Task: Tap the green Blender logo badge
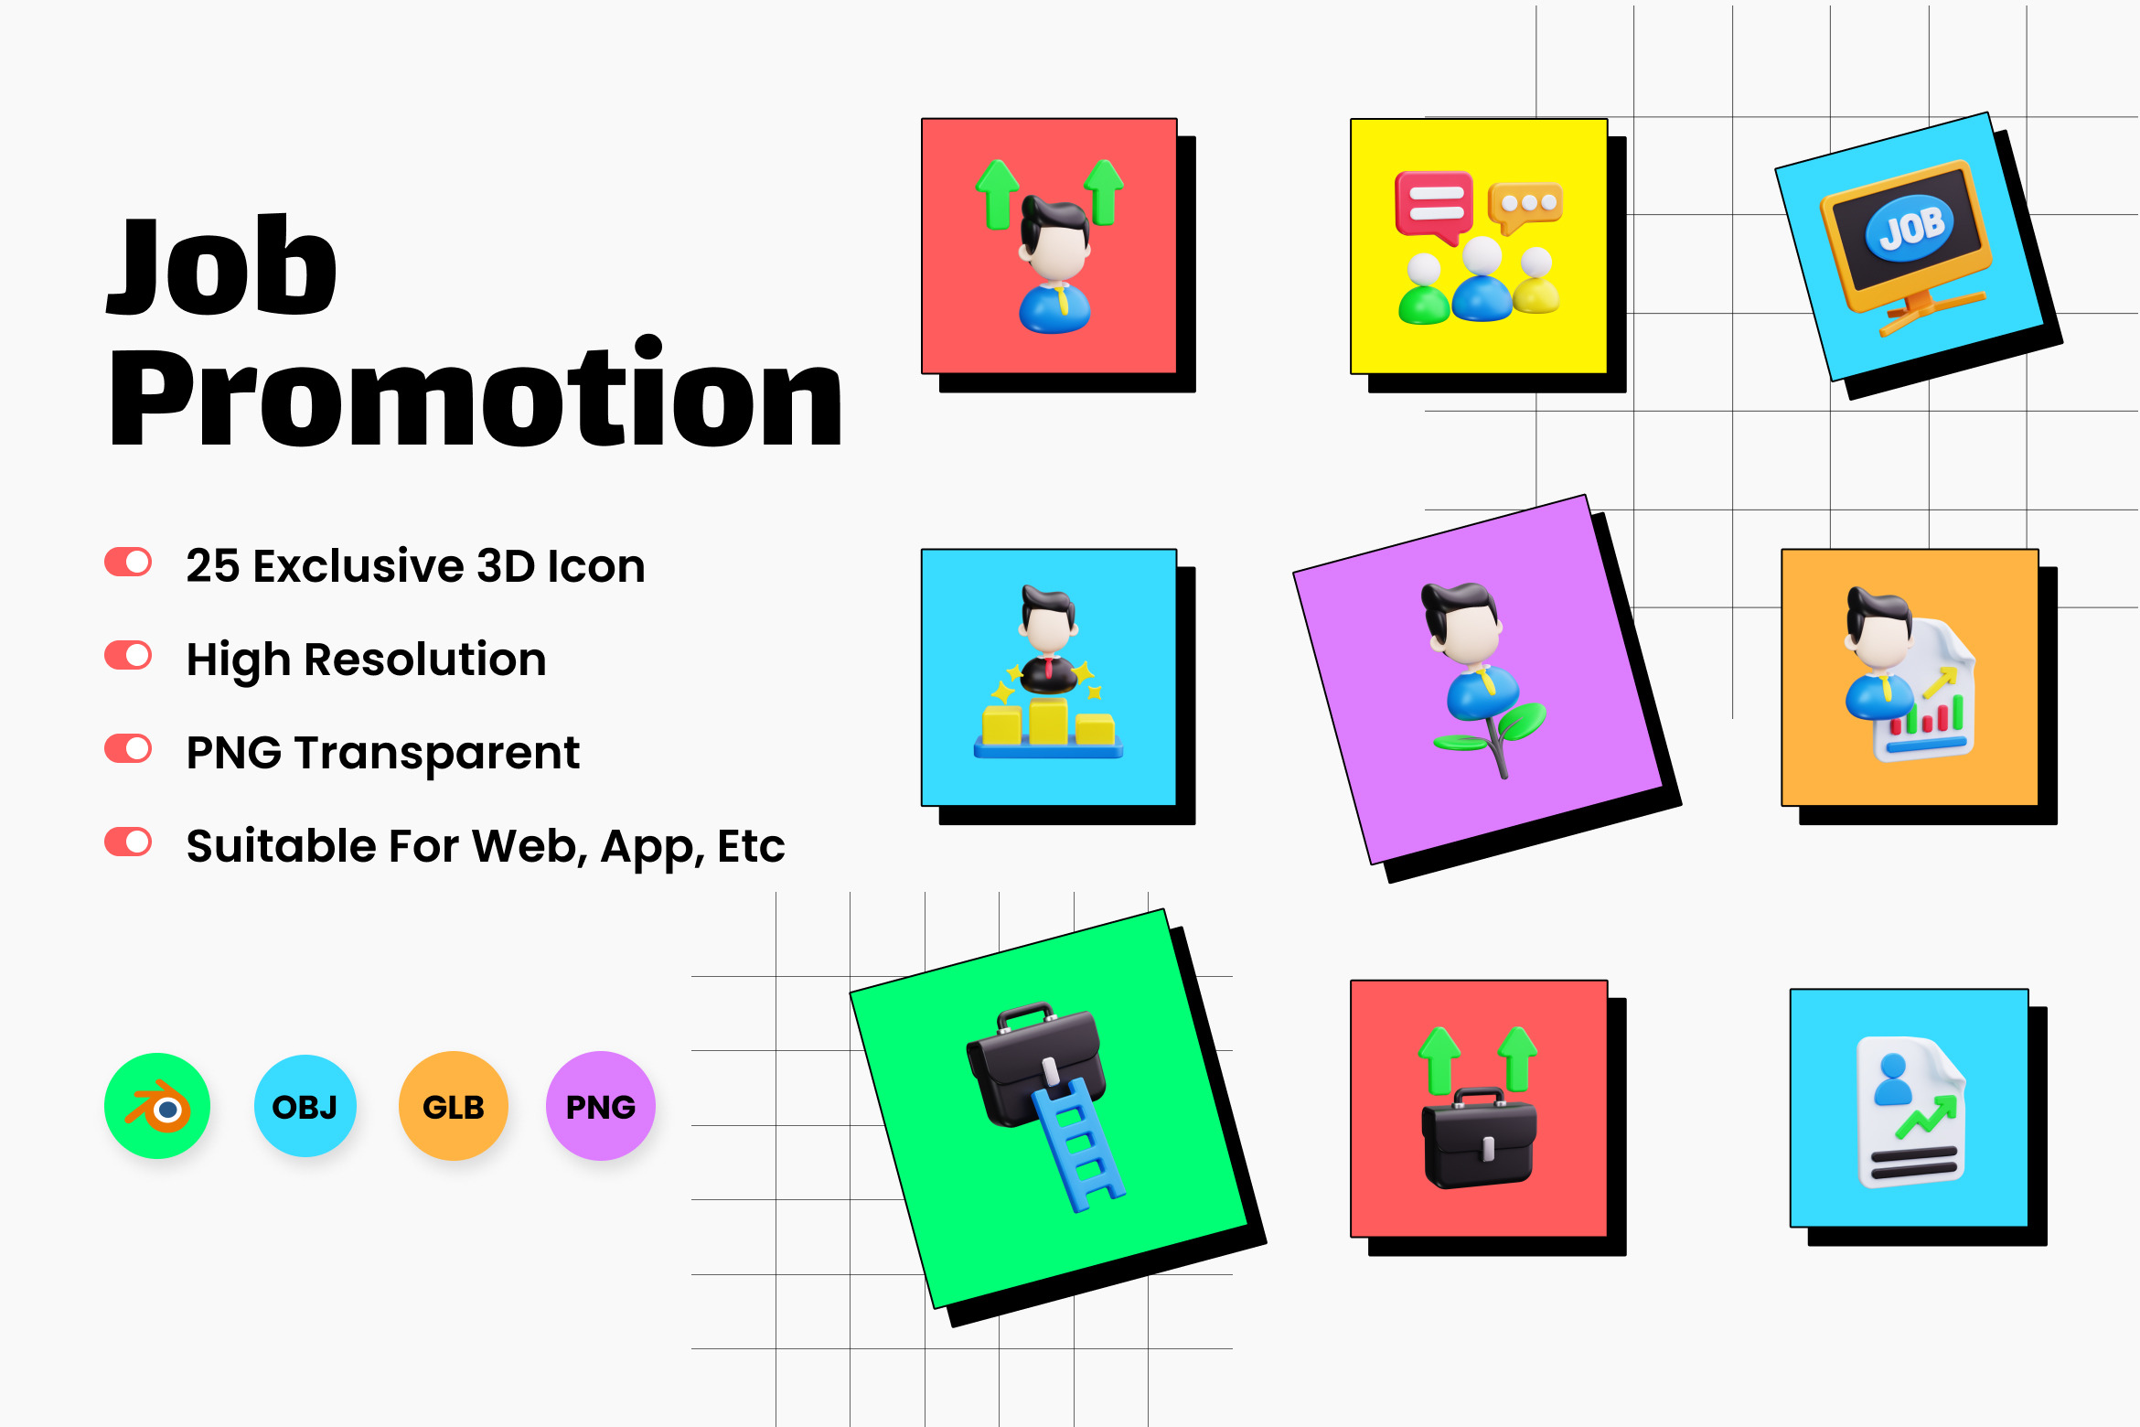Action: coord(157,1106)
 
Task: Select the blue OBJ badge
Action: coord(305,1106)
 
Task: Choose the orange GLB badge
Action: coord(454,1106)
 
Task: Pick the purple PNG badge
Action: coord(601,1106)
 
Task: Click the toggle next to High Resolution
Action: coord(128,656)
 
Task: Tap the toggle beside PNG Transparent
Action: coord(128,749)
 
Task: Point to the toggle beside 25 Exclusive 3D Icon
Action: coord(128,563)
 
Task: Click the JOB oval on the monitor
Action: coord(1910,228)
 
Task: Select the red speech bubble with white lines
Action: coord(1434,207)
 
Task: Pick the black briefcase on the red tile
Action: coord(1479,1140)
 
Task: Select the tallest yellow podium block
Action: coord(1048,721)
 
